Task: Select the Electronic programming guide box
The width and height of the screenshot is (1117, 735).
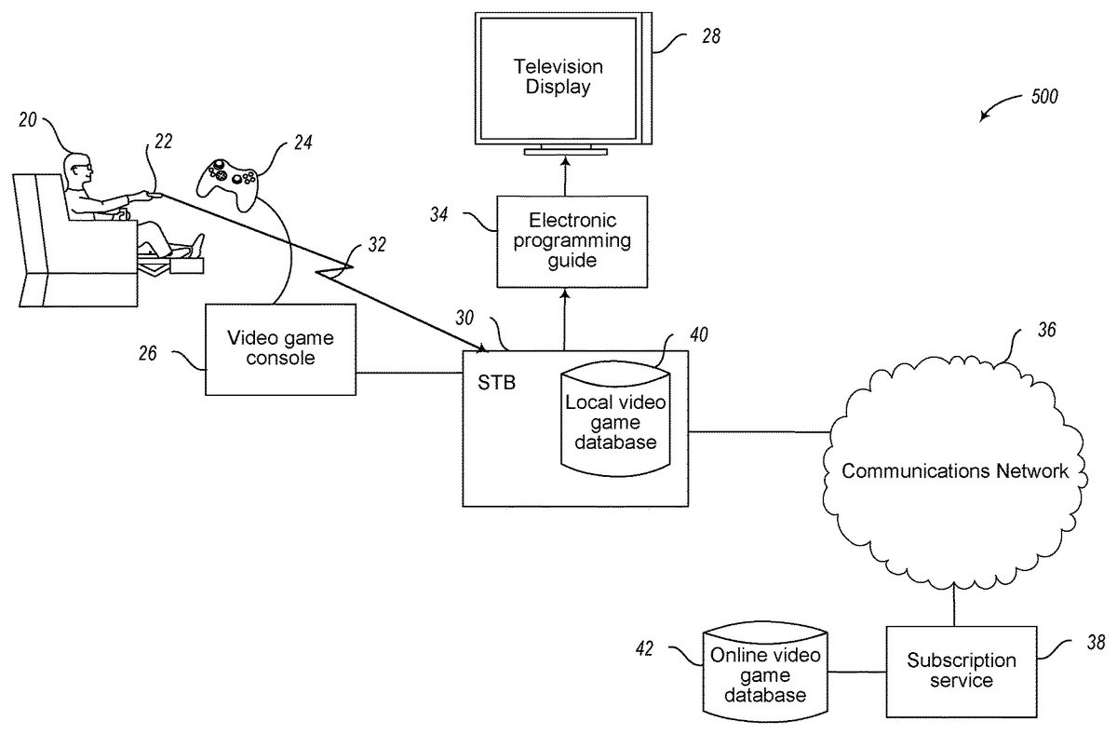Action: (572, 240)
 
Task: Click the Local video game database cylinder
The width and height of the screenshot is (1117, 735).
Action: (615, 419)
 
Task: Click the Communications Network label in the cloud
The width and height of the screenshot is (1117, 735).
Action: (955, 470)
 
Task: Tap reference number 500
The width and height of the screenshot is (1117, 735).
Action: (1043, 97)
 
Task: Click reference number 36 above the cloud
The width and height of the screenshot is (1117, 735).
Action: (1046, 330)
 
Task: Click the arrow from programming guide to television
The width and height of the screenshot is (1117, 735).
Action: (565, 176)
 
